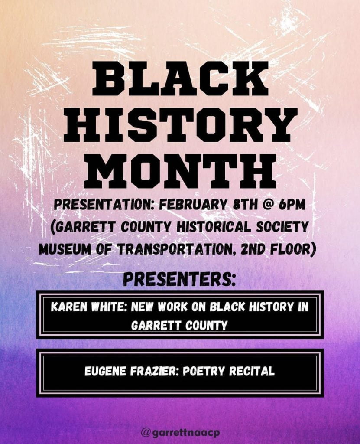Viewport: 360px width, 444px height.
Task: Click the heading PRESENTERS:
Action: click(x=180, y=280)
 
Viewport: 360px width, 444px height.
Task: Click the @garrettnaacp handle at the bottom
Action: click(x=180, y=433)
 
